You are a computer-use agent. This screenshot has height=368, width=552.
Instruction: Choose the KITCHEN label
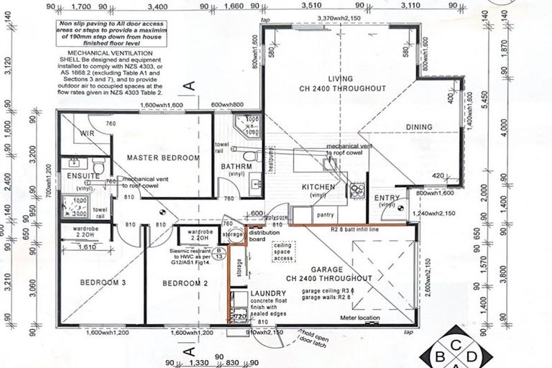coord(318,187)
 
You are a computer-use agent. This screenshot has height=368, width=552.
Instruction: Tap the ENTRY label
coord(387,198)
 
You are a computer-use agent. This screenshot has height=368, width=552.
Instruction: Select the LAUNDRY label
coord(269,293)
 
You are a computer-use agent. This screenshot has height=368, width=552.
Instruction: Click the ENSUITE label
coord(79,175)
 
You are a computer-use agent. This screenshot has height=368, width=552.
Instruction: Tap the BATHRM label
coord(237,166)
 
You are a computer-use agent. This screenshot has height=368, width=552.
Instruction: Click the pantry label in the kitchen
coord(325,213)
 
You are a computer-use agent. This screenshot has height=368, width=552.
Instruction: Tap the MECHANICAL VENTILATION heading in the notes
coord(111,54)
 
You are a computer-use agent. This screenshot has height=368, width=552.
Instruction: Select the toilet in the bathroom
coord(249,155)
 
